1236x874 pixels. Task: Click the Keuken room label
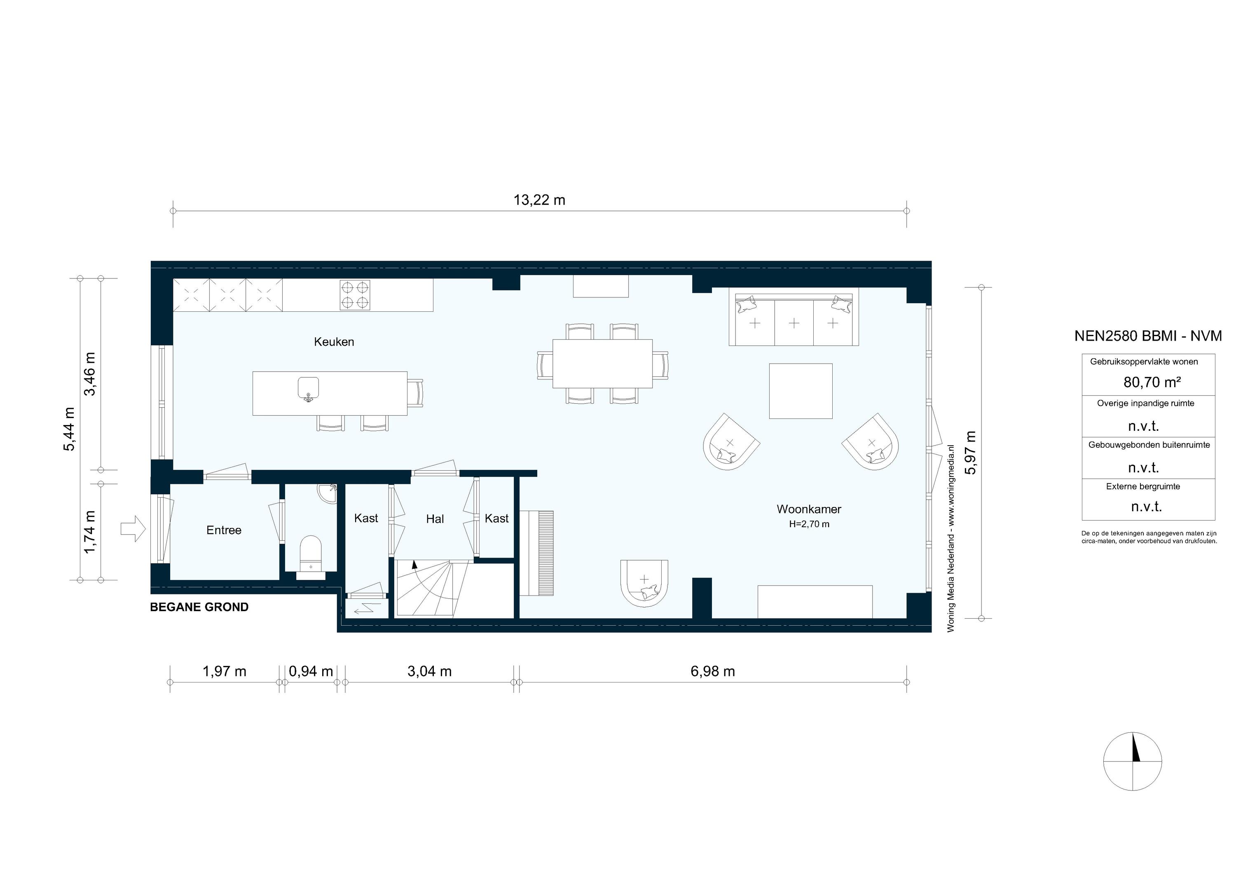click(x=334, y=342)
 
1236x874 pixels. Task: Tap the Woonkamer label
click(x=809, y=509)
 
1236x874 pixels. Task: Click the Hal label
click(x=435, y=519)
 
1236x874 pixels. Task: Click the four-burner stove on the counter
click(x=355, y=295)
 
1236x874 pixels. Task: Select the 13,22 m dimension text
click(x=539, y=200)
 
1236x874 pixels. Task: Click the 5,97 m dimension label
click(x=971, y=453)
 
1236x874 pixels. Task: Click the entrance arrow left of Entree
click(x=132, y=528)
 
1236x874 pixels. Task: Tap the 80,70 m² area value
click(x=1152, y=383)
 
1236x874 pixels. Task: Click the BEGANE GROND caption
click(x=199, y=607)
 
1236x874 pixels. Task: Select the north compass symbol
click(x=1132, y=762)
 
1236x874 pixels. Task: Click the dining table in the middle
click(x=602, y=363)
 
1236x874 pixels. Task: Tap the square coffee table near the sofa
click(x=801, y=391)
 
